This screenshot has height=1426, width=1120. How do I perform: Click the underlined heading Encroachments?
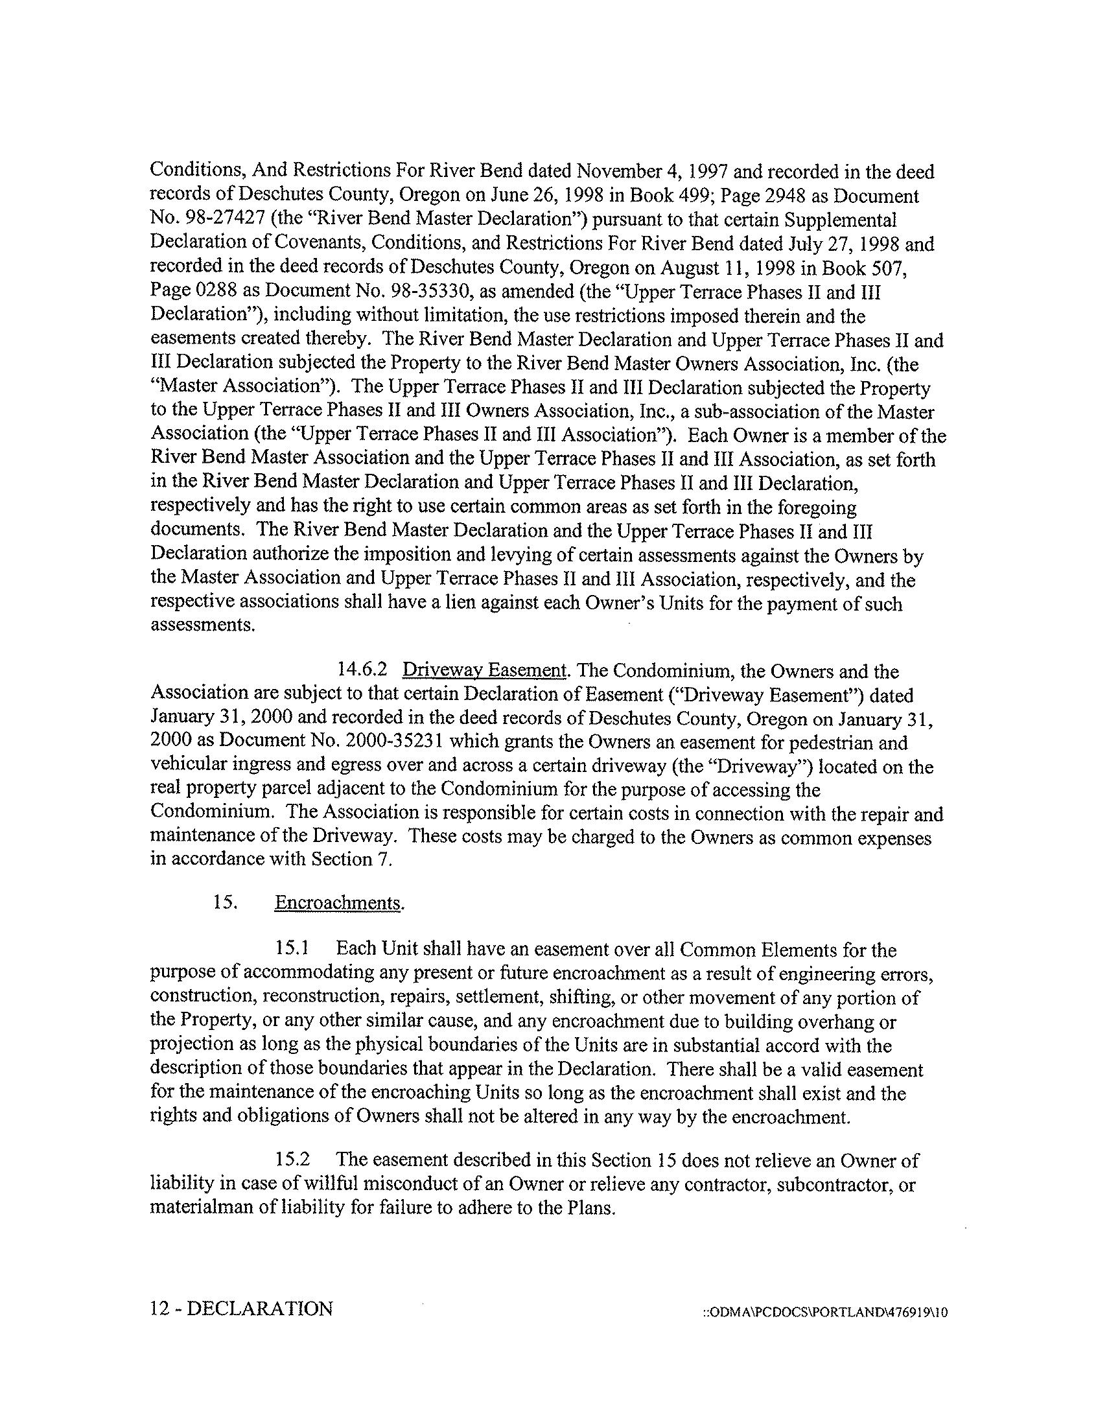coord(338,903)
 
